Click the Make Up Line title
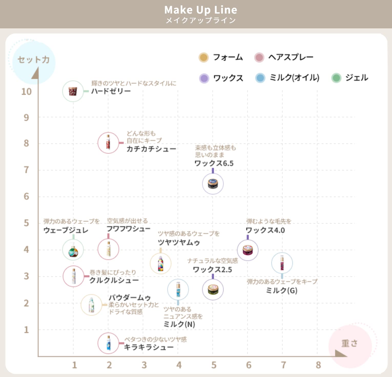click(201, 10)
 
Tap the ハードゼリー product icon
click(73, 91)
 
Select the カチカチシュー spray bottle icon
click(108, 143)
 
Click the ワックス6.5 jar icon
click(213, 184)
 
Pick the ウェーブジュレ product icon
click(73, 250)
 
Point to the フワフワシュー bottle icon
click(108, 249)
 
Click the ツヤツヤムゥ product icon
click(161, 263)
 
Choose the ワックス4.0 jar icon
click(247, 250)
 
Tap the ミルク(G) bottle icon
click(282, 263)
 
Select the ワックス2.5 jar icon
click(213, 289)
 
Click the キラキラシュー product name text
click(149, 347)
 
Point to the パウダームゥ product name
click(130, 298)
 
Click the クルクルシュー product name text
click(114, 280)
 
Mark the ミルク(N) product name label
click(179, 324)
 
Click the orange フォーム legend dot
click(204, 57)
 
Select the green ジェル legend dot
click(336, 78)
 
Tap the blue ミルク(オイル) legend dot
click(260, 78)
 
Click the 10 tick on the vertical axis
click(26, 92)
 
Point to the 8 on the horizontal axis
click(318, 365)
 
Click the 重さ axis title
click(349, 343)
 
